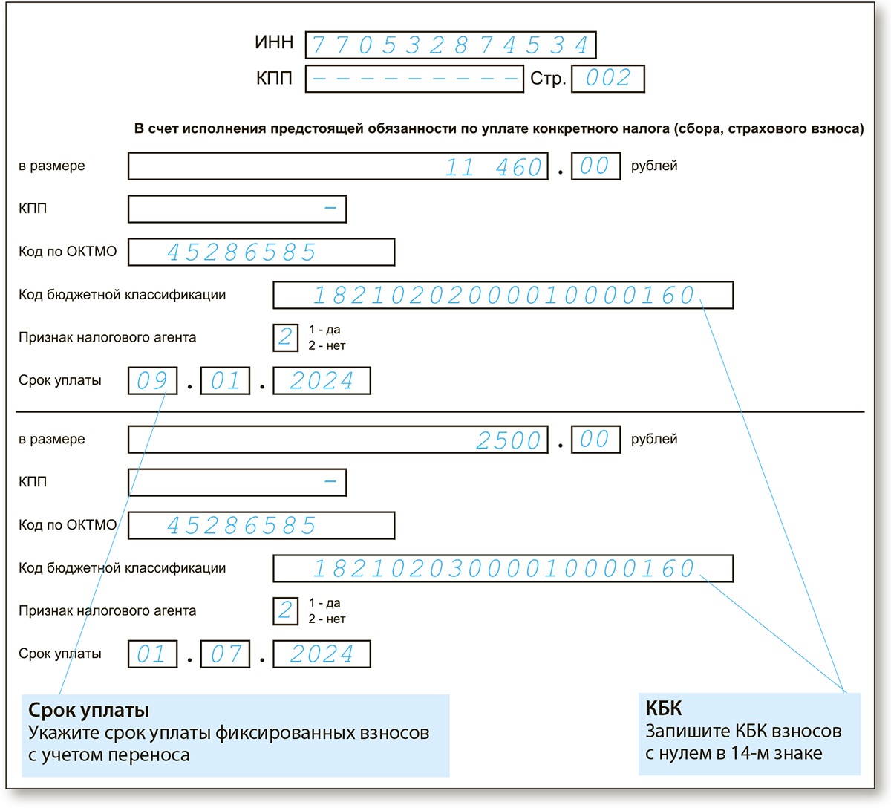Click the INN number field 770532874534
[450, 45]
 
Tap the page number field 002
[607, 79]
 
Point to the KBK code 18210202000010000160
[503, 296]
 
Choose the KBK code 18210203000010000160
[503, 569]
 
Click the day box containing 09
[152, 381]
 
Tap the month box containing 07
[225, 654]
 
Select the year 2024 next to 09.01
[322, 381]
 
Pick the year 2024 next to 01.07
[322, 654]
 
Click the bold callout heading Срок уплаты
[88, 711]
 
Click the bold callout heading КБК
[663, 708]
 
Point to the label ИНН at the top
[274, 43]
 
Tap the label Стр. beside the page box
[548, 79]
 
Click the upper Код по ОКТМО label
[68, 252]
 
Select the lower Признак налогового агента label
[108, 611]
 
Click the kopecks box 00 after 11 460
[595, 166]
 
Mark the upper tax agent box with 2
[285, 338]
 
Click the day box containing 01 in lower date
[152, 654]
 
